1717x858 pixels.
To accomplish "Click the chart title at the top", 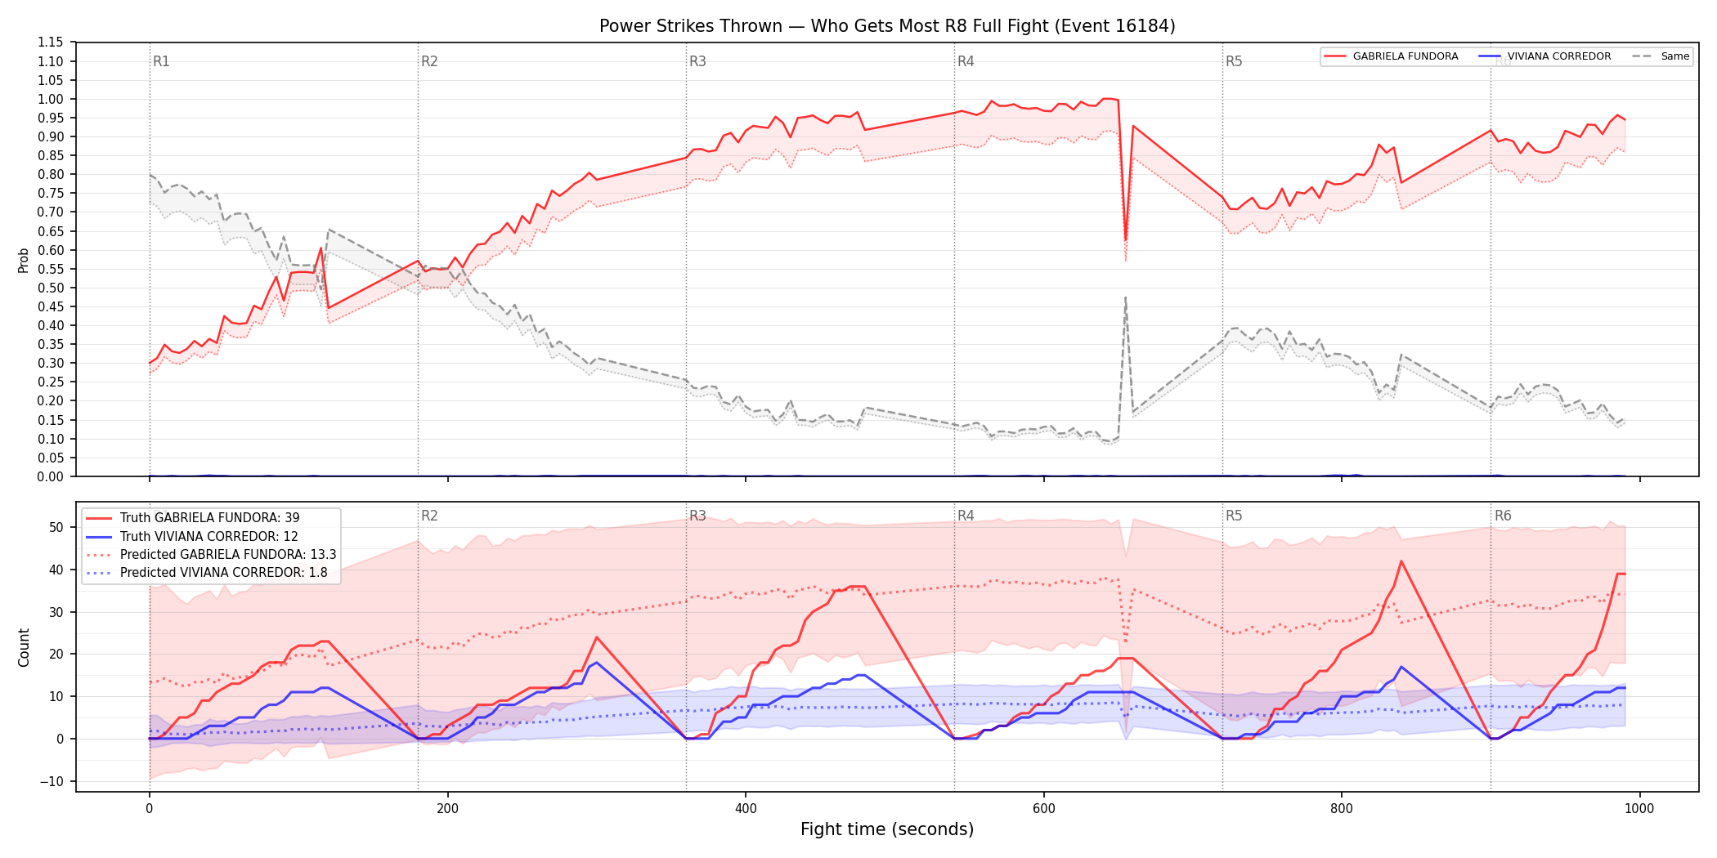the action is (x=887, y=26).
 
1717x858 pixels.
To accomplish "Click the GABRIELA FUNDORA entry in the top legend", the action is (x=1391, y=56).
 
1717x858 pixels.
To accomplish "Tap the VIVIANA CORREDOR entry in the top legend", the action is (x=1545, y=56).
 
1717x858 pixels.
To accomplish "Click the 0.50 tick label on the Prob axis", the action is (x=50, y=288).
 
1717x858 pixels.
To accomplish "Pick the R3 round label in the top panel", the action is (x=697, y=61).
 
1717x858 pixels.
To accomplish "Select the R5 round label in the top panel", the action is (x=1234, y=61).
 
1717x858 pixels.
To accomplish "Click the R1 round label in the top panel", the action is (x=161, y=61).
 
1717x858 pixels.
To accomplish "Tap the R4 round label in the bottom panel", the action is (x=966, y=516).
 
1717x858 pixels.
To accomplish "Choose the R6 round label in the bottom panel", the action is (x=1503, y=516).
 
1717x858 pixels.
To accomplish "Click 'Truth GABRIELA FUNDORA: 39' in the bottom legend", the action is (x=209, y=518).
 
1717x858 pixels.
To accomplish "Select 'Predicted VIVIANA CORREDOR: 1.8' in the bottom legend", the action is (x=223, y=573).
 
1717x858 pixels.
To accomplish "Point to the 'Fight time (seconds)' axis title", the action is (x=887, y=829).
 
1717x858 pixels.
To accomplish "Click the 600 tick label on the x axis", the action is (x=1043, y=809).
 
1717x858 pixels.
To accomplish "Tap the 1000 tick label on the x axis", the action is (x=1639, y=809).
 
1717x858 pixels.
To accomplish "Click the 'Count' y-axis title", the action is (x=24, y=647).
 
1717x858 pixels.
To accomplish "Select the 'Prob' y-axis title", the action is (x=24, y=260).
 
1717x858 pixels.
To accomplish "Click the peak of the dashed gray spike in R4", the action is (x=1126, y=297).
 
